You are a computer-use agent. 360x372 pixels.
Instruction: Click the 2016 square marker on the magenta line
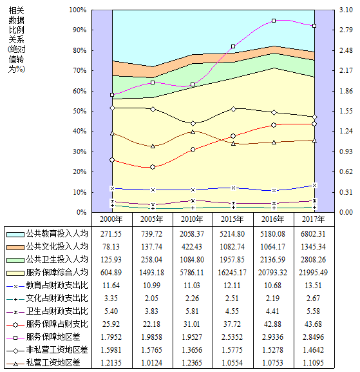(x=274, y=21)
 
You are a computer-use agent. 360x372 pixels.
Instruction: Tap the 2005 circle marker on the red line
(x=153, y=167)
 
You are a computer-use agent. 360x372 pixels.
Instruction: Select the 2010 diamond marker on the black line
(x=193, y=123)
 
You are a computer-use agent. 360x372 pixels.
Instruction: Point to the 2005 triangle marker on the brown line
(x=153, y=146)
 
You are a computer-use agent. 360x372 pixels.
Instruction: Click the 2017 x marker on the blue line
(x=314, y=185)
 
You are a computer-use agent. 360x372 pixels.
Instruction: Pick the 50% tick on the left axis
(x=79, y=111)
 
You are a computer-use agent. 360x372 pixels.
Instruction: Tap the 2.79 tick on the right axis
(x=346, y=30)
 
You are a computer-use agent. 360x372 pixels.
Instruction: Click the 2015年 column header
(x=232, y=219)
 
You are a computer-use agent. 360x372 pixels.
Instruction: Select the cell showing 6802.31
(x=313, y=234)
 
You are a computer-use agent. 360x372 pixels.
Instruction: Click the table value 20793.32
(x=272, y=272)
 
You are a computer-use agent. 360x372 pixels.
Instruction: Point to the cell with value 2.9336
(x=272, y=337)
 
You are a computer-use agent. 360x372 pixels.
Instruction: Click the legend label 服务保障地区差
(x=53, y=337)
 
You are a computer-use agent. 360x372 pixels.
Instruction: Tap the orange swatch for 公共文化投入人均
(x=15, y=247)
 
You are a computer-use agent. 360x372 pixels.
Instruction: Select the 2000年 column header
(x=111, y=219)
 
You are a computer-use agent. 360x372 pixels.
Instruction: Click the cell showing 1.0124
(x=152, y=362)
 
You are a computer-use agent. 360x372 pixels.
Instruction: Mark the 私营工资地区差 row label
(x=53, y=362)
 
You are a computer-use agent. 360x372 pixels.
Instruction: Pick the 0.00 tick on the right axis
(x=346, y=212)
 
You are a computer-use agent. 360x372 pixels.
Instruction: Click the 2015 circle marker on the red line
(x=233, y=136)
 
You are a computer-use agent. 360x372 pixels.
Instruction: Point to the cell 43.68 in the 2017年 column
(x=313, y=324)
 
